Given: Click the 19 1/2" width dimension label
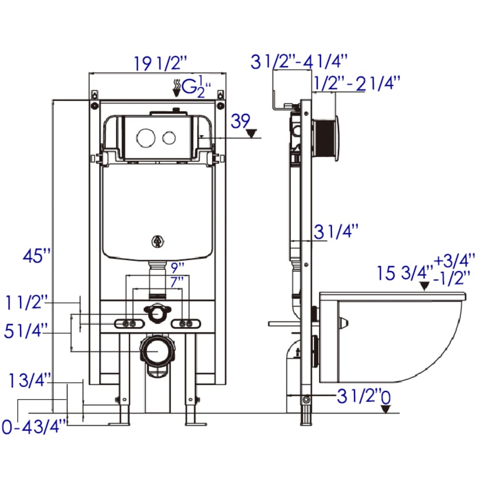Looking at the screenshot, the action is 160,64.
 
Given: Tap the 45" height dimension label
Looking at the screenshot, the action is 37,256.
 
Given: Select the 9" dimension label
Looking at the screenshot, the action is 177,268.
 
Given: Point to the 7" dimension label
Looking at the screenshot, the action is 177,282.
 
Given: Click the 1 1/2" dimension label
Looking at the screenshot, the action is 27,302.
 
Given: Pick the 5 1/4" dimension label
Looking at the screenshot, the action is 26,330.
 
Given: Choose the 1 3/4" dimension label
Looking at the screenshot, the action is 30,380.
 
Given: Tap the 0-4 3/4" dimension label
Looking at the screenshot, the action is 34,426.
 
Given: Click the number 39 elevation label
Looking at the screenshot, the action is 240,121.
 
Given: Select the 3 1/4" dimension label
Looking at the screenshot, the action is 336,232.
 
